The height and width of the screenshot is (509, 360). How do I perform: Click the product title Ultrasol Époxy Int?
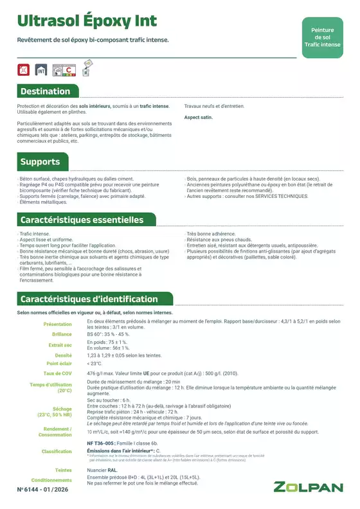pos(87,21)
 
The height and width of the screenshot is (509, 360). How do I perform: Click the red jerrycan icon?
pos(24,69)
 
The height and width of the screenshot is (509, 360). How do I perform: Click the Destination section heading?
pos(45,91)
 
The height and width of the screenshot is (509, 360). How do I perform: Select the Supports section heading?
pos(40,161)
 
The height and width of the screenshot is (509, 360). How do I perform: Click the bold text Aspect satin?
pos(198,118)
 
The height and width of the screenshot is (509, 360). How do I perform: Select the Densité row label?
pos(63,355)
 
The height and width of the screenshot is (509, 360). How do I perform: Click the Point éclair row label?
pos(60,364)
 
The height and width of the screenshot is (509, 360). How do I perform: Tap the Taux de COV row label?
pos(57,373)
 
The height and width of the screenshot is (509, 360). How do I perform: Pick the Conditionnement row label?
pos(51,480)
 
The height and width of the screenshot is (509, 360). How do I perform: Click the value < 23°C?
pos(94,364)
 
